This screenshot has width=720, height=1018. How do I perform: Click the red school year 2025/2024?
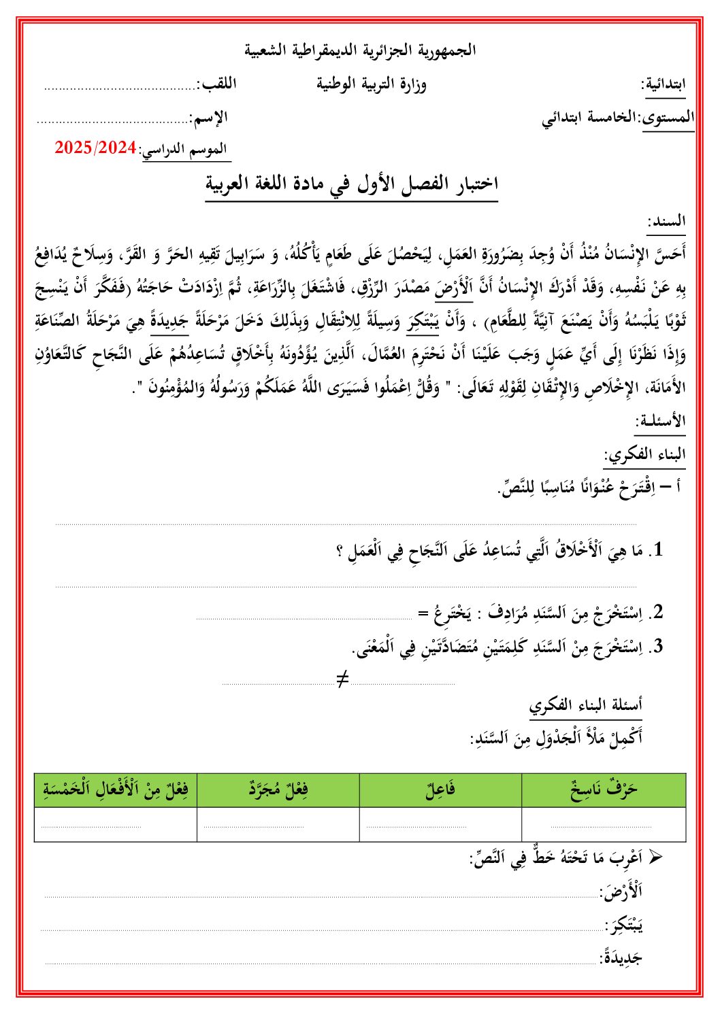click(96, 148)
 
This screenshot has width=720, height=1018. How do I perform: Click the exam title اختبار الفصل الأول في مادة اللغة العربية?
click(353, 184)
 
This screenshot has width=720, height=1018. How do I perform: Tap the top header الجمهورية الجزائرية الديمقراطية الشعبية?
click(360, 50)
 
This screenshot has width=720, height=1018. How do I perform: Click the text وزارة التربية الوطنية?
click(372, 84)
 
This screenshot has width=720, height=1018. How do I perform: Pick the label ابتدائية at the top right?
click(664, 85)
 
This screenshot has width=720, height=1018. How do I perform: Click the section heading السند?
click(667, 221)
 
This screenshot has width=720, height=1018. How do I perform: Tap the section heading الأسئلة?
click(660, 421)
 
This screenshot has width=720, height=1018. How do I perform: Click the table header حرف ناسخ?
click(604, 790)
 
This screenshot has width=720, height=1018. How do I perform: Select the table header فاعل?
click(440, 790)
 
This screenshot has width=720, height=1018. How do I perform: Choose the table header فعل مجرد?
click(278, 790)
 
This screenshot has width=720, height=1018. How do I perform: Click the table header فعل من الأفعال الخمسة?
click(116, 790)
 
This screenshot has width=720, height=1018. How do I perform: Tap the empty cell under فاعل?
click(440, 824)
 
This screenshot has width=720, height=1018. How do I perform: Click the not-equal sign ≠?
click(342, 678)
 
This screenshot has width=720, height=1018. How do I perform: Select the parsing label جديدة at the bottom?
click(621, 957)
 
